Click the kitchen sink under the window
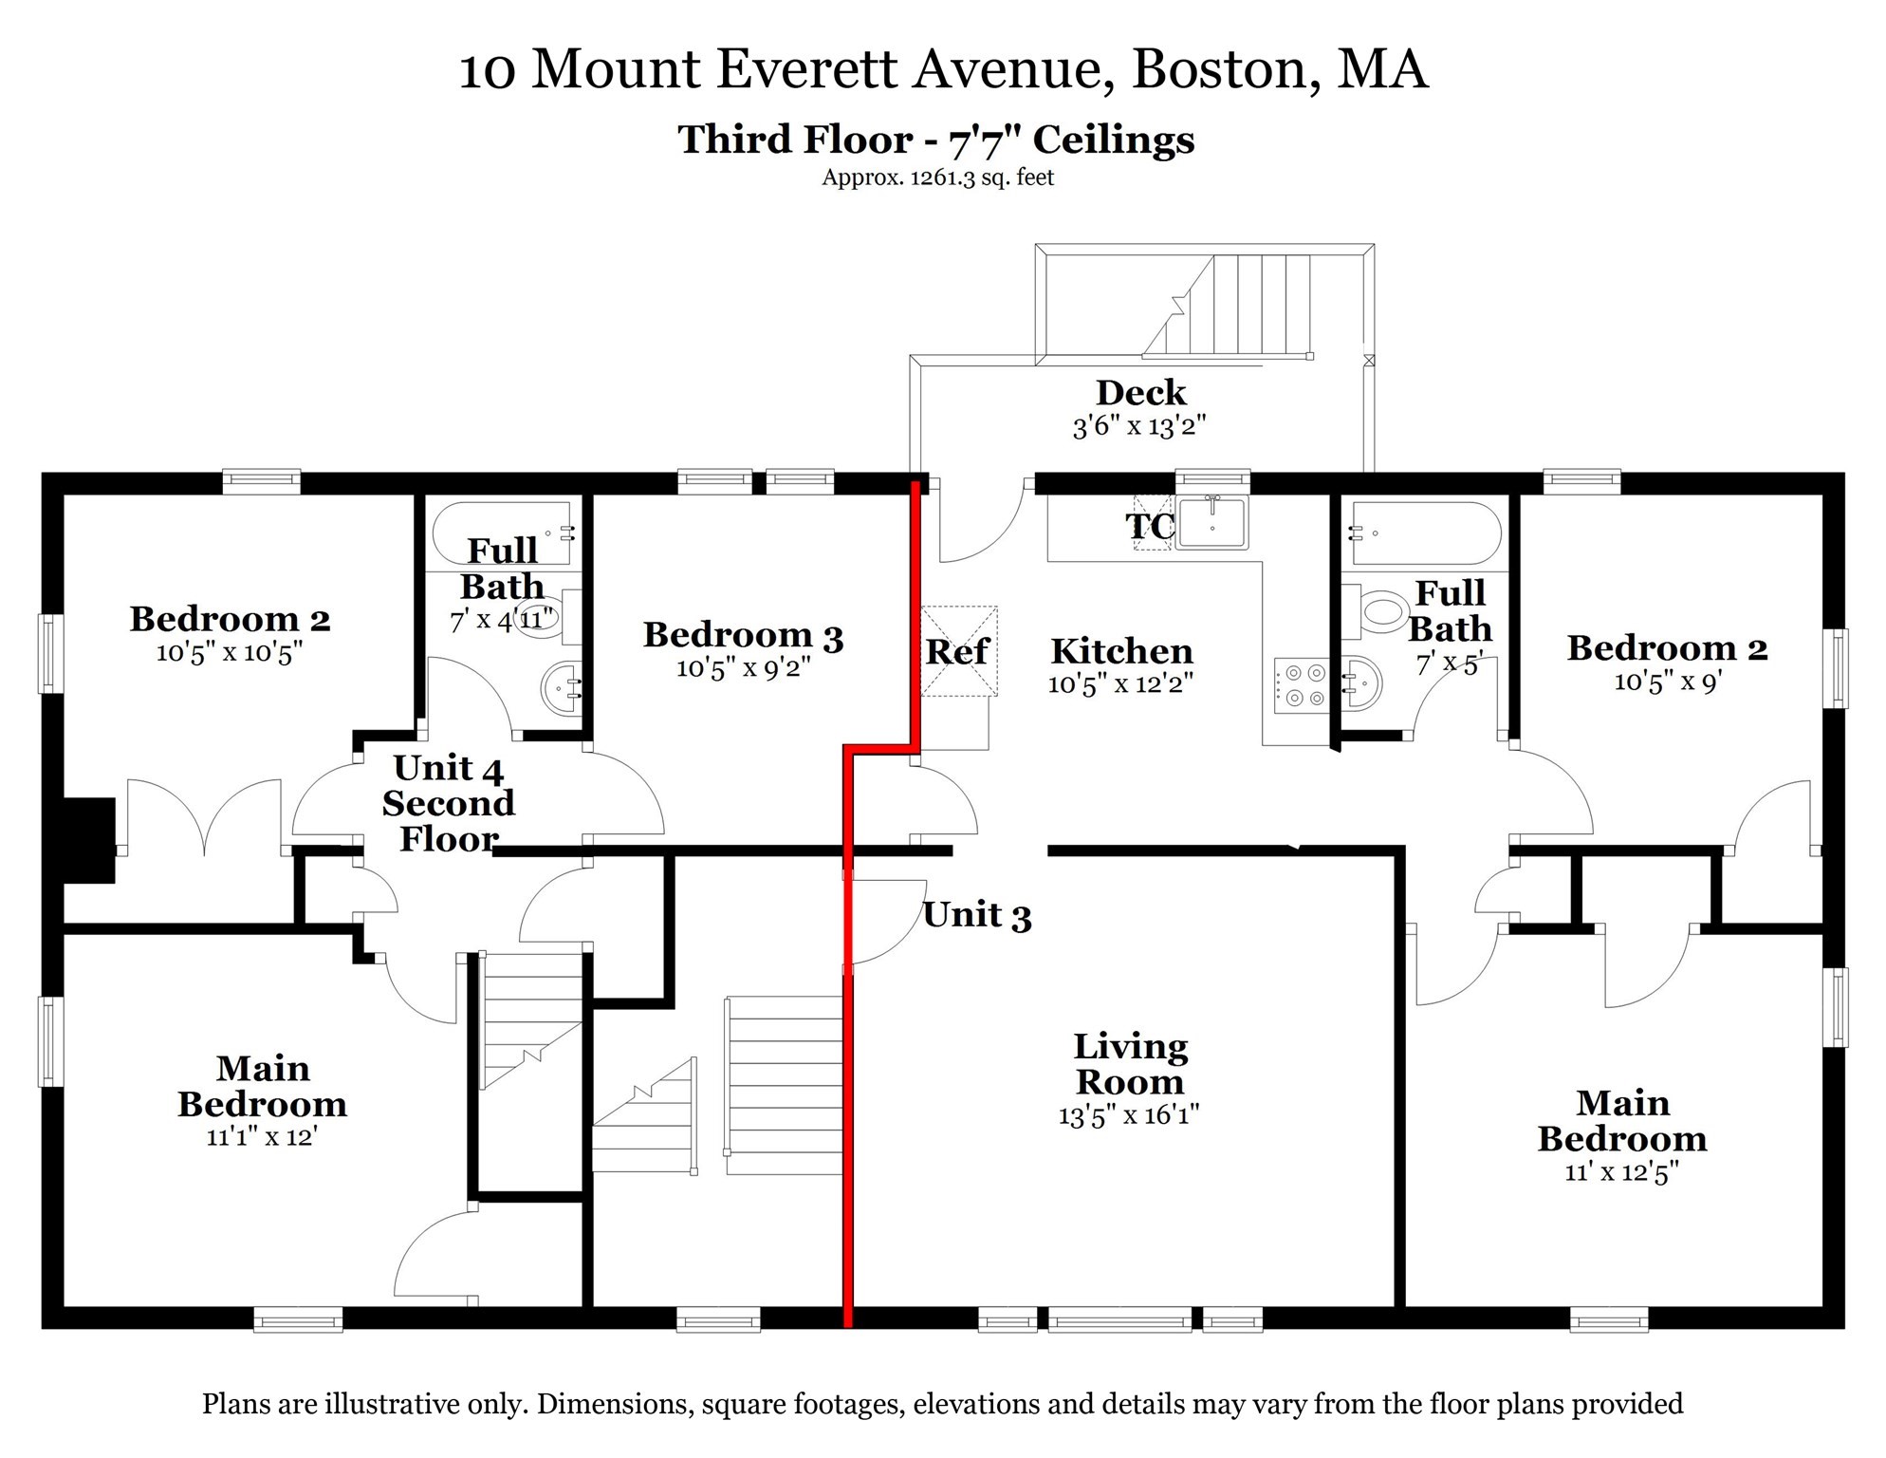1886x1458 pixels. pos(1211,522)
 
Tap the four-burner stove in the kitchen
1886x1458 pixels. pos(1303,685)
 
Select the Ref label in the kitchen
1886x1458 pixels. pos(956,652)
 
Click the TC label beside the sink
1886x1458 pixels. pos(1149,526)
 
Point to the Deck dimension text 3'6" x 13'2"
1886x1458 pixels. pos(1138,426)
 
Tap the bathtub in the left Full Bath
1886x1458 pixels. pos(503,533)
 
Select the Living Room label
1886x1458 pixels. pos(1129,1064)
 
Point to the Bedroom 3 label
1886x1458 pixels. pos(743,635)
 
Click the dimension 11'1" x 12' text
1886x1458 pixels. pos(262,1136)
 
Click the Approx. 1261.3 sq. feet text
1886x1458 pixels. pos(937,178)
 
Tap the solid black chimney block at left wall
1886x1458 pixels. pos(89,840)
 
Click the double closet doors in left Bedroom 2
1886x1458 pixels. pos(204,816)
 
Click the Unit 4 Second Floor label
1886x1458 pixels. pos(448,803)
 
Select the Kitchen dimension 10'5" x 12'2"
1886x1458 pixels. pos(1119,684)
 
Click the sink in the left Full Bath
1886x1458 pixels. pos(562,687)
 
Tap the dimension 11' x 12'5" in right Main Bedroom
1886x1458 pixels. pos(1621,1172)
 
